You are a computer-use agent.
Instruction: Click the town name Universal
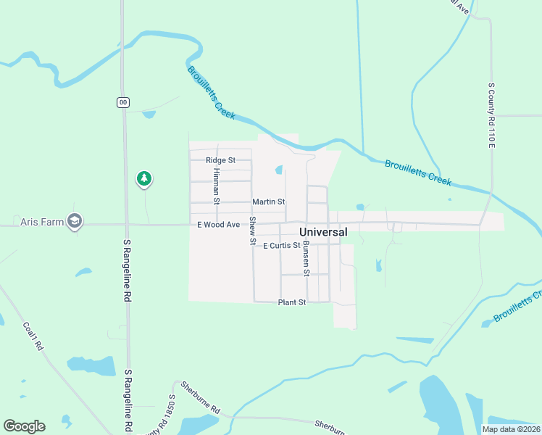coord(323,232)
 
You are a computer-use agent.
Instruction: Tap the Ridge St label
coord(220,160)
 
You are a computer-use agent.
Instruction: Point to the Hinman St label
coord(216,186)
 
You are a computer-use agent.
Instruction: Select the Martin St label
coord(268,202)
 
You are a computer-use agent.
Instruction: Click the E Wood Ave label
coord(218,225)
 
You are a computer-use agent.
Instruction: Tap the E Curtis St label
coord(281,246)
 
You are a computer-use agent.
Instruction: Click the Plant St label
coord(292,302)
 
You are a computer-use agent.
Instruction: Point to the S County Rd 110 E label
coord(491,116)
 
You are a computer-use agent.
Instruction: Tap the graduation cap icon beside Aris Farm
coord(74,221)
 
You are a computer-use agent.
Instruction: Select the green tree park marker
coord(144,178)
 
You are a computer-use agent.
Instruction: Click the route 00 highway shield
coord(123,102)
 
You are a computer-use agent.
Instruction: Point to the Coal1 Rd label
coord(34,336)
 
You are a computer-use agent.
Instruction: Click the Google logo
coord(24,426)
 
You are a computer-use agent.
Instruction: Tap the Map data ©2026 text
coord(510,429)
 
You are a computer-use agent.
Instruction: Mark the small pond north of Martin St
coord(278,170)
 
